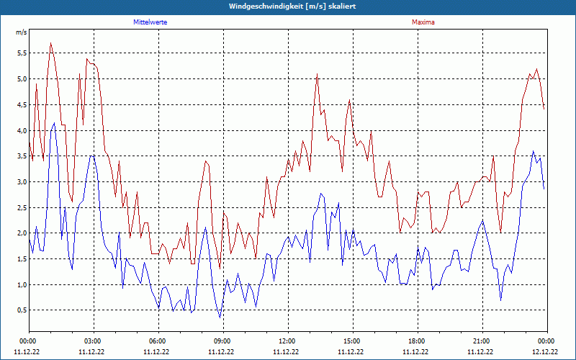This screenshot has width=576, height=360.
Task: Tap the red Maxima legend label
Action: (423, 22)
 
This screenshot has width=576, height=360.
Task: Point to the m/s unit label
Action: (21, 32)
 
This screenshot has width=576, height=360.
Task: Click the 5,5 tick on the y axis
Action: (21, 53)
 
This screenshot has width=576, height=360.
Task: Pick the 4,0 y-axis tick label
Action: (21, 130)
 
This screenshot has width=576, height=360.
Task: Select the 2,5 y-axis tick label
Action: (21, 207)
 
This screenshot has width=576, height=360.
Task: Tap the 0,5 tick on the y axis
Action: (21, 310)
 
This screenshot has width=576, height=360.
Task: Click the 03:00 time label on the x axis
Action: (93, 341)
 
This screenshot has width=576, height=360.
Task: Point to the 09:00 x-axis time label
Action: (222, 341)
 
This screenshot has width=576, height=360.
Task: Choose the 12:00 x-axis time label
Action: (287, 341)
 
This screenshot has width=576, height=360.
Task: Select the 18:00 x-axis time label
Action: (417, 341)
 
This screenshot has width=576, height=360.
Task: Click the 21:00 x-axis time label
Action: (482, 341)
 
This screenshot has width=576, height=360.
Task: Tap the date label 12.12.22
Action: (546, 352)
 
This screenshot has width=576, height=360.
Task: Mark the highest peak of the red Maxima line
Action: (50, 42)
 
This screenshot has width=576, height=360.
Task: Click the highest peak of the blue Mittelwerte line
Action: (54, 123)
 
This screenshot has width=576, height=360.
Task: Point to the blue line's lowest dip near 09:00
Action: (220, 318)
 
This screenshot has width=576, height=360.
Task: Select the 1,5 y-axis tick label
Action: (21, 258)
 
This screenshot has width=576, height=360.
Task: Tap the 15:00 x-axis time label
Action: (352, 341)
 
